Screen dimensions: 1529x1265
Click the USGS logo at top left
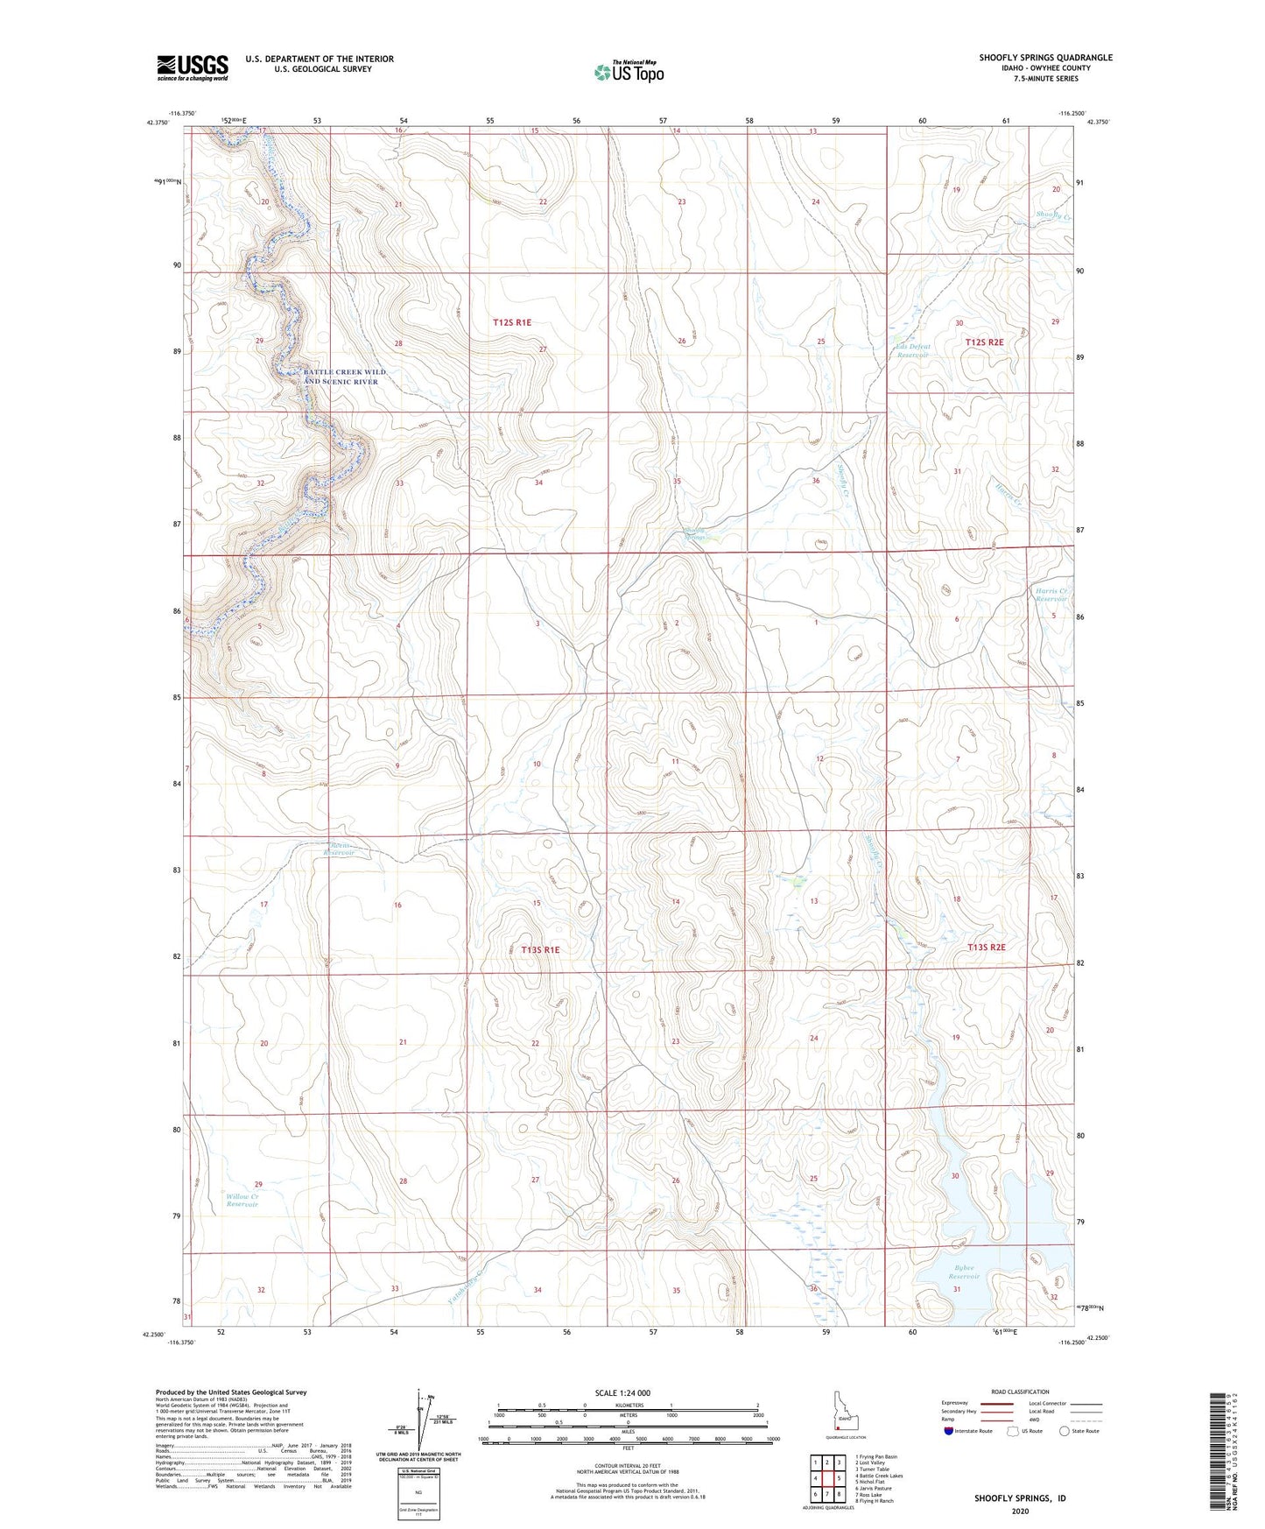[192, 67]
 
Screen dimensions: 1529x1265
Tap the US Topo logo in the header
[628, 72]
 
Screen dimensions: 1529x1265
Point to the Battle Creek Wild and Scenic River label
[344, 377]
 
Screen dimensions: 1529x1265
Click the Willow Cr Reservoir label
[242, 1200]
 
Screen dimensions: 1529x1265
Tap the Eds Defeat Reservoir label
[912, 350]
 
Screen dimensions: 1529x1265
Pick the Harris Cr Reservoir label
[1050, 594]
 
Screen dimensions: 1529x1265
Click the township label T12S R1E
[511, 322]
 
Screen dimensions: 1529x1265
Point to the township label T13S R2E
[986, 948]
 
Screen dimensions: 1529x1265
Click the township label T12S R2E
[984, 342]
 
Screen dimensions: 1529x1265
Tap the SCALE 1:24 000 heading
[622, 1392]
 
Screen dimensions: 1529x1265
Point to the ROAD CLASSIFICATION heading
[1020, 1392]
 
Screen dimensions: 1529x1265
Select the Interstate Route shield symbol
[949, 1431]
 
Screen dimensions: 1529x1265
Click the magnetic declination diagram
[424, 1419]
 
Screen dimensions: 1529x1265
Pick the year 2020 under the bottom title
[1020, 1511]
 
